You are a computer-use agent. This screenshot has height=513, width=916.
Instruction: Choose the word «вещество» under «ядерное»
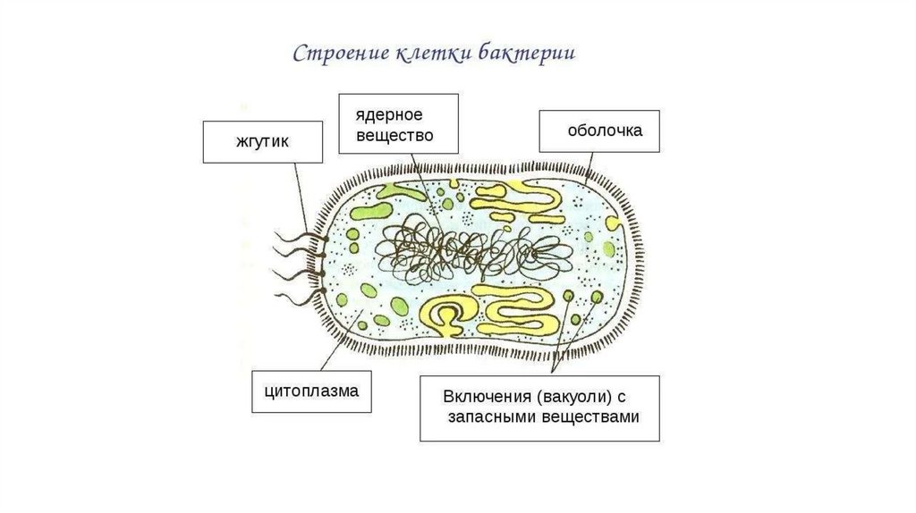click(x=394, y=136)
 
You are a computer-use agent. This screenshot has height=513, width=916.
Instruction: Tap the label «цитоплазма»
click(x=311, y=391)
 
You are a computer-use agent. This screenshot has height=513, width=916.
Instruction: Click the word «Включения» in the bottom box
click(x=486, y=397)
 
